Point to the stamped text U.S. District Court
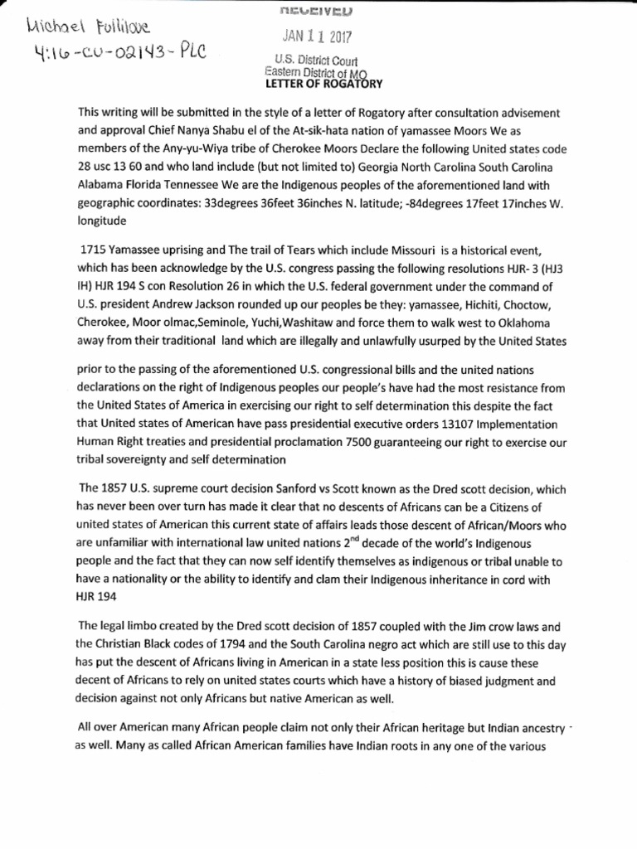[313, 60]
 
